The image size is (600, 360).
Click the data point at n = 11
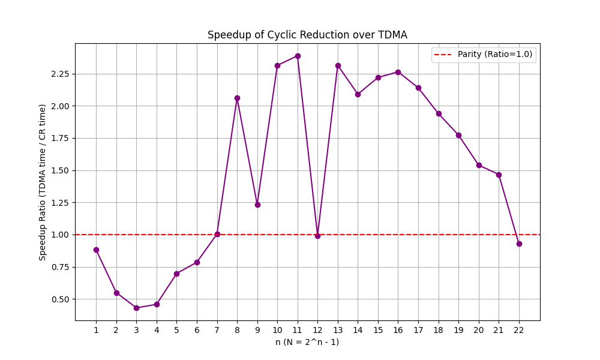pos(298,56)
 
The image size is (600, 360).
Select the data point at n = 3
pos(136,308)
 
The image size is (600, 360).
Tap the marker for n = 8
pos(237,98)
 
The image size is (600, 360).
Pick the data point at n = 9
pos(257,205)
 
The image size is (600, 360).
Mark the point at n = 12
pos(317,236)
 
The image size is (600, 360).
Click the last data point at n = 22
pos(519,244)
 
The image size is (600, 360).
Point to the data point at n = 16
pos(398,72)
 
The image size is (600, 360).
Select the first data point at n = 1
pos(96,250)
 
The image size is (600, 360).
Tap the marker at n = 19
pos(458,135)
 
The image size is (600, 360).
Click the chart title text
pos(307,35)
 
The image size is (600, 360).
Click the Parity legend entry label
pos(495,54)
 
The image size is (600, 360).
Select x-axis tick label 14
pos(358,330)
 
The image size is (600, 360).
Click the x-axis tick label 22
pos(519,330)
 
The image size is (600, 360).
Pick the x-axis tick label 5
pos(176,330)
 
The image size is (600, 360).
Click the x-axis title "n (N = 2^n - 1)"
pos(307,342)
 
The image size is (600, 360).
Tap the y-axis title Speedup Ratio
pos(43,182)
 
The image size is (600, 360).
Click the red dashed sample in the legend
pos(445,54)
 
